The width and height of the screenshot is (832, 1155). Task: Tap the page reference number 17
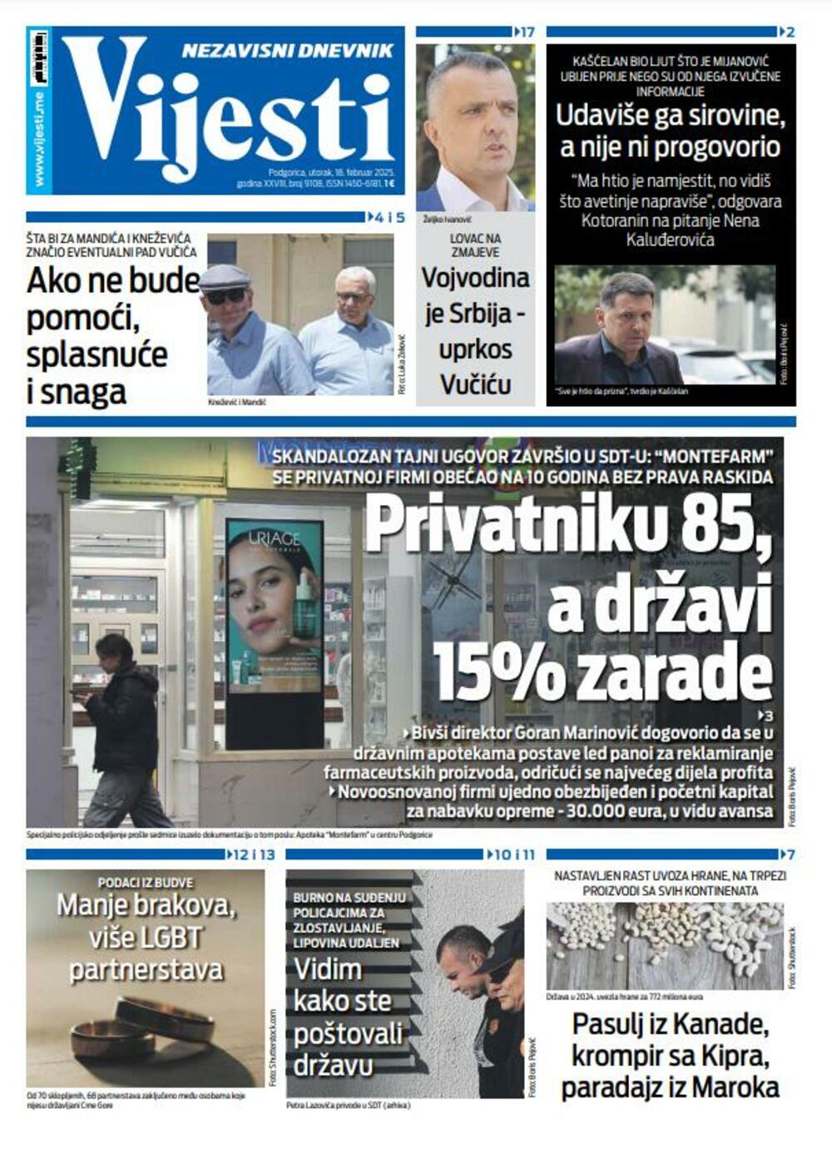526,32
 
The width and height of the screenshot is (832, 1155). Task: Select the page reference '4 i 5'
389,218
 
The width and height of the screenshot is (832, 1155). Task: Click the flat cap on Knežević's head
225,276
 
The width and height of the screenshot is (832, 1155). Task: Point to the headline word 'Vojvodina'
475,277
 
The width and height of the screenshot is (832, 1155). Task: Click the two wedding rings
141,1028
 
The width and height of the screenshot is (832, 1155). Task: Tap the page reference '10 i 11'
514,855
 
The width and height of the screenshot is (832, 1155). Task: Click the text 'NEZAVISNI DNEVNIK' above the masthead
287,51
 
